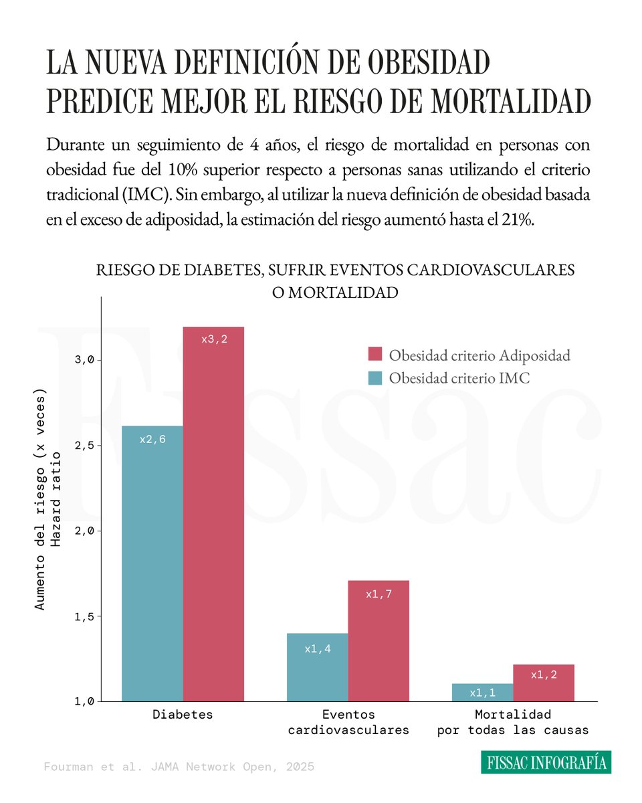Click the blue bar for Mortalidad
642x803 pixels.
click(x=482, y=693)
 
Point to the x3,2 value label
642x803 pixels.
click(x=214, y=339)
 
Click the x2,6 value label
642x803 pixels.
click(x=152, y=440)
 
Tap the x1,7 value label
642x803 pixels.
click(x=379, y=594)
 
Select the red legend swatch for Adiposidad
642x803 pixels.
click(x=374, y=355)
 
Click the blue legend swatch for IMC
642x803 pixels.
click(x=374, y=378)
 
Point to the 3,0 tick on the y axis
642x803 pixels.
click(x=85, y=360)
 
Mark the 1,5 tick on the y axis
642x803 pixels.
click(x=85, y=616)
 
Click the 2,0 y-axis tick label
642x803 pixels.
click(x=85, y=531)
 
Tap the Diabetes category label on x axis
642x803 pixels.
click(x=183, y=715)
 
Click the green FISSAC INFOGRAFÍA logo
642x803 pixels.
click(x=546, y=762)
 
